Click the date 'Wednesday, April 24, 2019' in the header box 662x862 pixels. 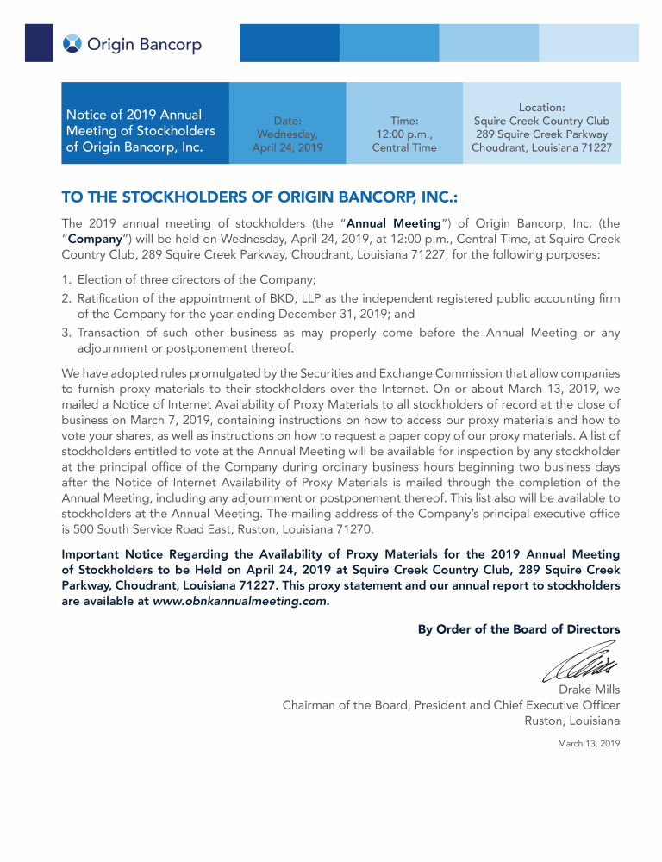[x=287, y=141]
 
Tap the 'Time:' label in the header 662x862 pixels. [x=404, y=121]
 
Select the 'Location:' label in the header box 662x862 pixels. [x=541, y=108]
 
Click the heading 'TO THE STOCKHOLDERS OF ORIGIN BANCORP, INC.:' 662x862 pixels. [x=259, y=198]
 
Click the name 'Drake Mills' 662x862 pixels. [x=589, y=690]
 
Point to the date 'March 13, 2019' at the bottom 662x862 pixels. [x=589, y=743]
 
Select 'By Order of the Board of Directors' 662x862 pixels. [x=518, y=629]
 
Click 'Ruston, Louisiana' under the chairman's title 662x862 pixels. [x=571, y=721]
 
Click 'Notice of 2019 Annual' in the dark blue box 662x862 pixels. [x=134, y=115]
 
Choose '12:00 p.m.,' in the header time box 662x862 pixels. [x=404, y=134]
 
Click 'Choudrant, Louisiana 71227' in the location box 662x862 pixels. [x=541, y=147]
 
